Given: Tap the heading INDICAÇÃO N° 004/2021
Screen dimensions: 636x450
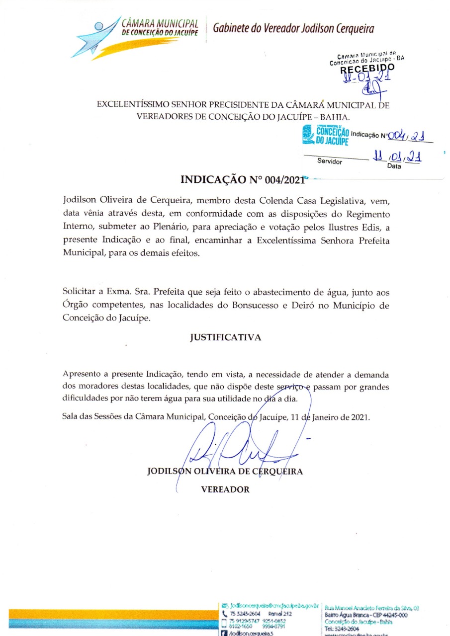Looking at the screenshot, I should (242, 180).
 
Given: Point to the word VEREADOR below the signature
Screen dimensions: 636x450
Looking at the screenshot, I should (225, 489).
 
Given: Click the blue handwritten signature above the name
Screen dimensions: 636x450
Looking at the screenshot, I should (244, 447).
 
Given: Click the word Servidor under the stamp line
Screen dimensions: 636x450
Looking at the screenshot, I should (330, 161).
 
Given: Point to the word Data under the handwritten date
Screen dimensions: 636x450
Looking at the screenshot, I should (394, 166).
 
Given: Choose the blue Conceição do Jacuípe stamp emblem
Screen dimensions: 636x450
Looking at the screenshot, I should (307, 134).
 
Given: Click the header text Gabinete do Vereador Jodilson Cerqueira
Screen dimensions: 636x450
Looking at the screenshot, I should (293, 28).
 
